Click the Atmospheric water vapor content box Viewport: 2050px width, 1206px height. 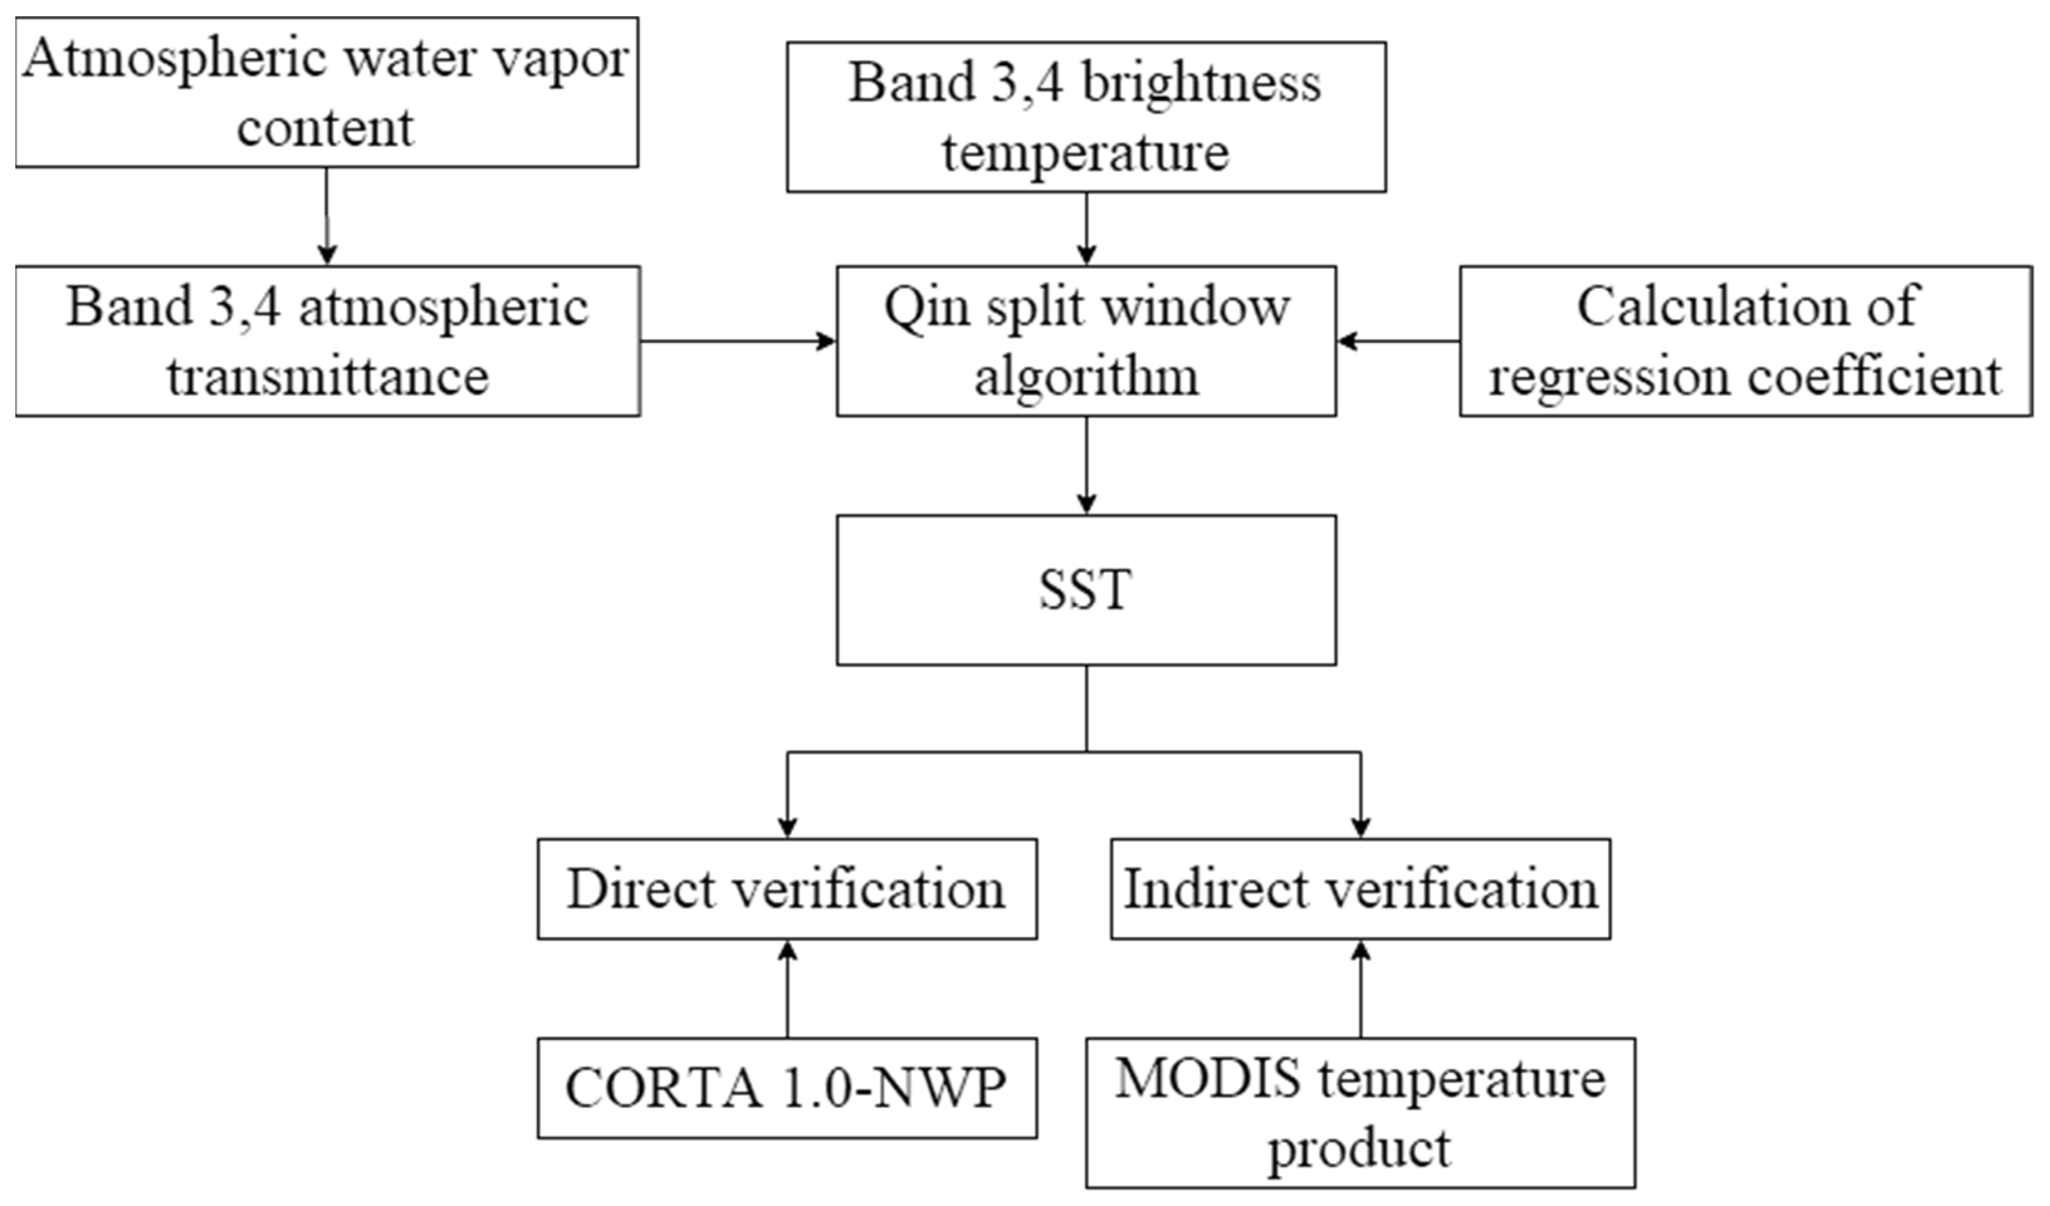coord(326,93)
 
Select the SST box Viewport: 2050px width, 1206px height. coord(1085,590)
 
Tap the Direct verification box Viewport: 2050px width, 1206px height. coord(787,889)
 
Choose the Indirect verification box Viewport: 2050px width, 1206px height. coord(1360,889)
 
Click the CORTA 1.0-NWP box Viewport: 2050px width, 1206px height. coord(787,1087)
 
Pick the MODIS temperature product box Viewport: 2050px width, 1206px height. coord(1360,1112)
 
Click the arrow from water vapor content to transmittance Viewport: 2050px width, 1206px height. coord(326,215)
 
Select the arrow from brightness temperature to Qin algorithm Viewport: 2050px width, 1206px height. coord(1086,228)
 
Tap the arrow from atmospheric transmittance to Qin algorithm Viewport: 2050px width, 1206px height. coord(737,340)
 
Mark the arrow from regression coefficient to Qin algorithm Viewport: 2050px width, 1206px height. coord(1398,340)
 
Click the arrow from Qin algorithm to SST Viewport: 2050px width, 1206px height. coord(1086,465)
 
